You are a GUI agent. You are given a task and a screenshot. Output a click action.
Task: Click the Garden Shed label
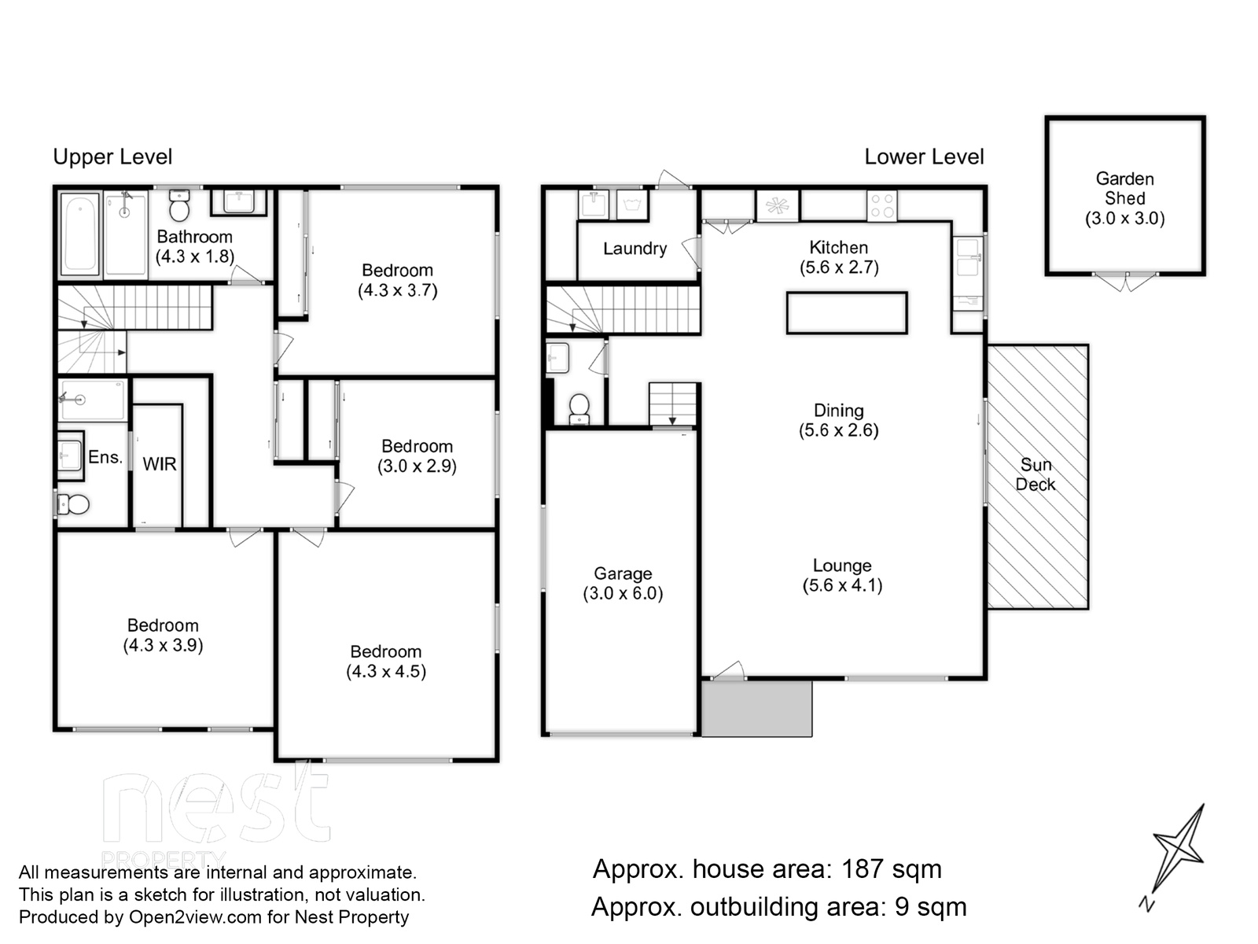click(1124, 189)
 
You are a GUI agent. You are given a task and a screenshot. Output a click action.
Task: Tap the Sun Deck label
click(1035, 474)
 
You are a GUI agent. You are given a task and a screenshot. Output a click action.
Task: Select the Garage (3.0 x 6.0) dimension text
click(623, 593)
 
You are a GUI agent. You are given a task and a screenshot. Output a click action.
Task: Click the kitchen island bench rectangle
click(847, 313)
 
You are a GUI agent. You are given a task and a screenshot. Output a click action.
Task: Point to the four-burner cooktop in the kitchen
click(881, 206)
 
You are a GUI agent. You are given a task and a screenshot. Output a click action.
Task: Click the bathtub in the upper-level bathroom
click(79, 234)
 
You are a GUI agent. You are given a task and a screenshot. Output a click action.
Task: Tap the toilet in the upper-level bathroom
click(179, 205)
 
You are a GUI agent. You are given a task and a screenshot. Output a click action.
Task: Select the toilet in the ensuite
click(73, 504)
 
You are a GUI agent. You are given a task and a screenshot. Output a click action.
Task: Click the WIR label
click(160, 464)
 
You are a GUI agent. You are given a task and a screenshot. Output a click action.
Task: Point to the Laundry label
click(635, 249)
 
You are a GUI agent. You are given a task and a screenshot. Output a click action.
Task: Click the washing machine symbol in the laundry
click(633, 205)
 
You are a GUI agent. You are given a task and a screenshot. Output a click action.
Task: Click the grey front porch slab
click(756, 708)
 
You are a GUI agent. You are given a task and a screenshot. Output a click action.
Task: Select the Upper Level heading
click(112, 157)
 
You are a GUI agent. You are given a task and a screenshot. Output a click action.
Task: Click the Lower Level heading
click(924, 157)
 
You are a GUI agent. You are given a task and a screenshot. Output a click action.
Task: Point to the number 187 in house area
click(863, 869)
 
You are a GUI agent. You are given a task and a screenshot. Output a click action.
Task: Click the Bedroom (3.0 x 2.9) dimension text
click(417, 466)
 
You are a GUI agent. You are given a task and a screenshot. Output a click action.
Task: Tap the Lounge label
click(842, 566)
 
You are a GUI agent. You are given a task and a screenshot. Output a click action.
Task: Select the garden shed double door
click(1124, 281)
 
